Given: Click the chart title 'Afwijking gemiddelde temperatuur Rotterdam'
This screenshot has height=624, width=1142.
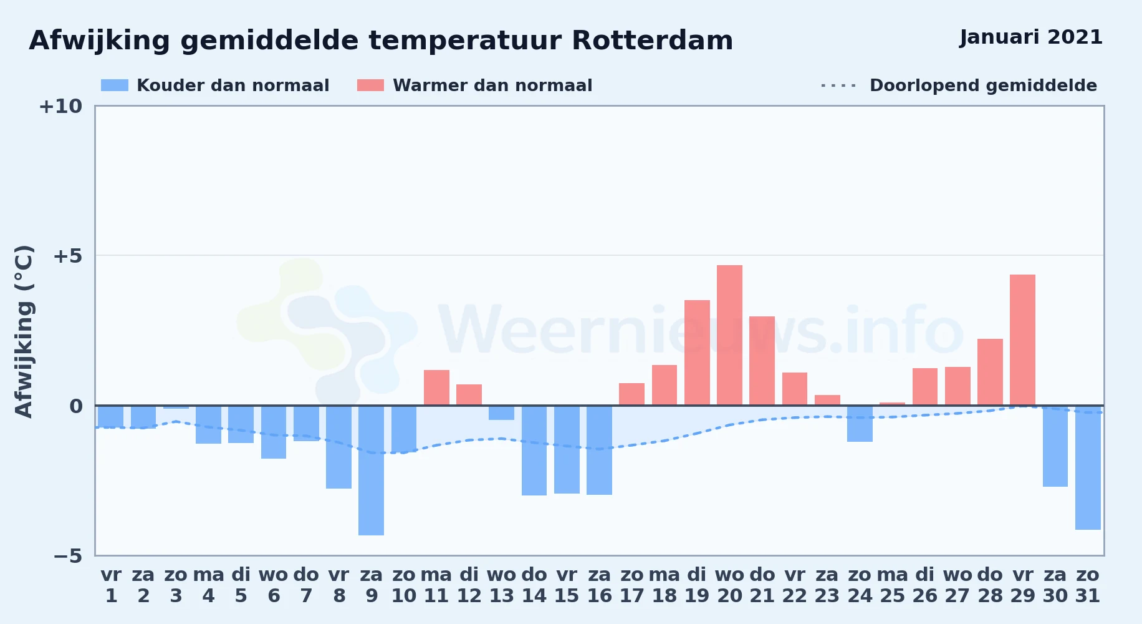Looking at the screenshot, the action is coord(381,41).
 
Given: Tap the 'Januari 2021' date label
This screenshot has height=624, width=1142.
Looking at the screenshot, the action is coord(1031,37).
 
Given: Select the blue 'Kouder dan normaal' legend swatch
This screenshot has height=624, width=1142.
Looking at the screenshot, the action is coord(115,85).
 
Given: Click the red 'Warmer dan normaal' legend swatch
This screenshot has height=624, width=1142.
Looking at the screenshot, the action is coord(370,85).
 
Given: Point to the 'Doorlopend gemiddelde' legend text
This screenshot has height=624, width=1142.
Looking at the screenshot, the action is coord(983,85).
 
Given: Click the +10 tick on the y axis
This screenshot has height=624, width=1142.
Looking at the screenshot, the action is coord(60,107).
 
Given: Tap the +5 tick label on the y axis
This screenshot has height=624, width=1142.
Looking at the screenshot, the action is coord(67,256).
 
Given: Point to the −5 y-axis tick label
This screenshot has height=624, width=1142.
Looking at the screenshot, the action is coord(67,556).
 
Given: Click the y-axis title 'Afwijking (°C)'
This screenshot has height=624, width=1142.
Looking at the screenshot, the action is coord(24,331).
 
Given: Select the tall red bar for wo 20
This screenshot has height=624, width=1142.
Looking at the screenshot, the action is coord(729,335).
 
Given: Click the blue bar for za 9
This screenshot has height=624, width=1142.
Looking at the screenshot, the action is coord(372,470).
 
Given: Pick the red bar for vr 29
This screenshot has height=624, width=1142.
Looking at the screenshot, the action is coord(1023,340).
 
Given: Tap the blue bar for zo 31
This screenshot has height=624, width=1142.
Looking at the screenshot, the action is coord(1088,468).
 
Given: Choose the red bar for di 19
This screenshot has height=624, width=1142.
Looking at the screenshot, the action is coord(697,353).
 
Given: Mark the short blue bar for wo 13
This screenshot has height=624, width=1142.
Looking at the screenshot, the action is coord(502,413).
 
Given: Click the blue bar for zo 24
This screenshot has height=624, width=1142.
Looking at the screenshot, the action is coord(860,424).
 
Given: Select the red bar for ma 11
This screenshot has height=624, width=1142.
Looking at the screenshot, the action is coord(436,388).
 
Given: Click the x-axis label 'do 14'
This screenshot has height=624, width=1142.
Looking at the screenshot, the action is coord(534,585).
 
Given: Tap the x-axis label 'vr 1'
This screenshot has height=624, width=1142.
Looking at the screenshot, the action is coord(111,585).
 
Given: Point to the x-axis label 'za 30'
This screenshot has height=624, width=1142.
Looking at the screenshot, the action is coord(1055,585).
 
